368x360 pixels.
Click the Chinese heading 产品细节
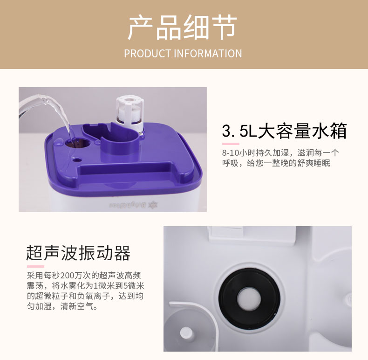click(182, 28)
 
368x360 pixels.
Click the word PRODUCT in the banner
click(148, 54)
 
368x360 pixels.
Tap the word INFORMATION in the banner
click(208, 54)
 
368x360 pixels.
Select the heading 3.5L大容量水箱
click(284, 131)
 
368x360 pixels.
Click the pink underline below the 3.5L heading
click(231, 144)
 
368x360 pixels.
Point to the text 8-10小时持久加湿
click(255, 153)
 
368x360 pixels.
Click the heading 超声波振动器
click(78, 253)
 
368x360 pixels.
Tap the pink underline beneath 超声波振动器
click(35, 266)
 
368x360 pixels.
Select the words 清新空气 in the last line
click(77, 306)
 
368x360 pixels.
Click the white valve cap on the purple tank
click(129, 113)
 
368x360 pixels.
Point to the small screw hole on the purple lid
click(76, 160)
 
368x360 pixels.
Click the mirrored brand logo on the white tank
click(133, 205)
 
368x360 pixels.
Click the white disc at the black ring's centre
click(249, 298)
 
